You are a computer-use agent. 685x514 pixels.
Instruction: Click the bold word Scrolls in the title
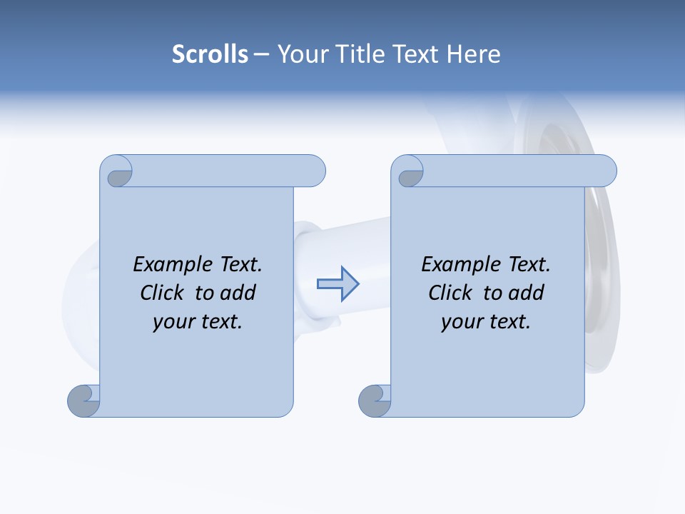210,54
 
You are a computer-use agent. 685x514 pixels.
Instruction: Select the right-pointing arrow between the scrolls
338,284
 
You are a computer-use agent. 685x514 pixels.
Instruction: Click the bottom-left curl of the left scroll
83,401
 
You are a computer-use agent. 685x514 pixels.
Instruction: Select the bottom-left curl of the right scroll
374,401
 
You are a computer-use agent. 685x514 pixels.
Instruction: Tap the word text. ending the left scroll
220,322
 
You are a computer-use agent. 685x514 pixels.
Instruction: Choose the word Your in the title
300,54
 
